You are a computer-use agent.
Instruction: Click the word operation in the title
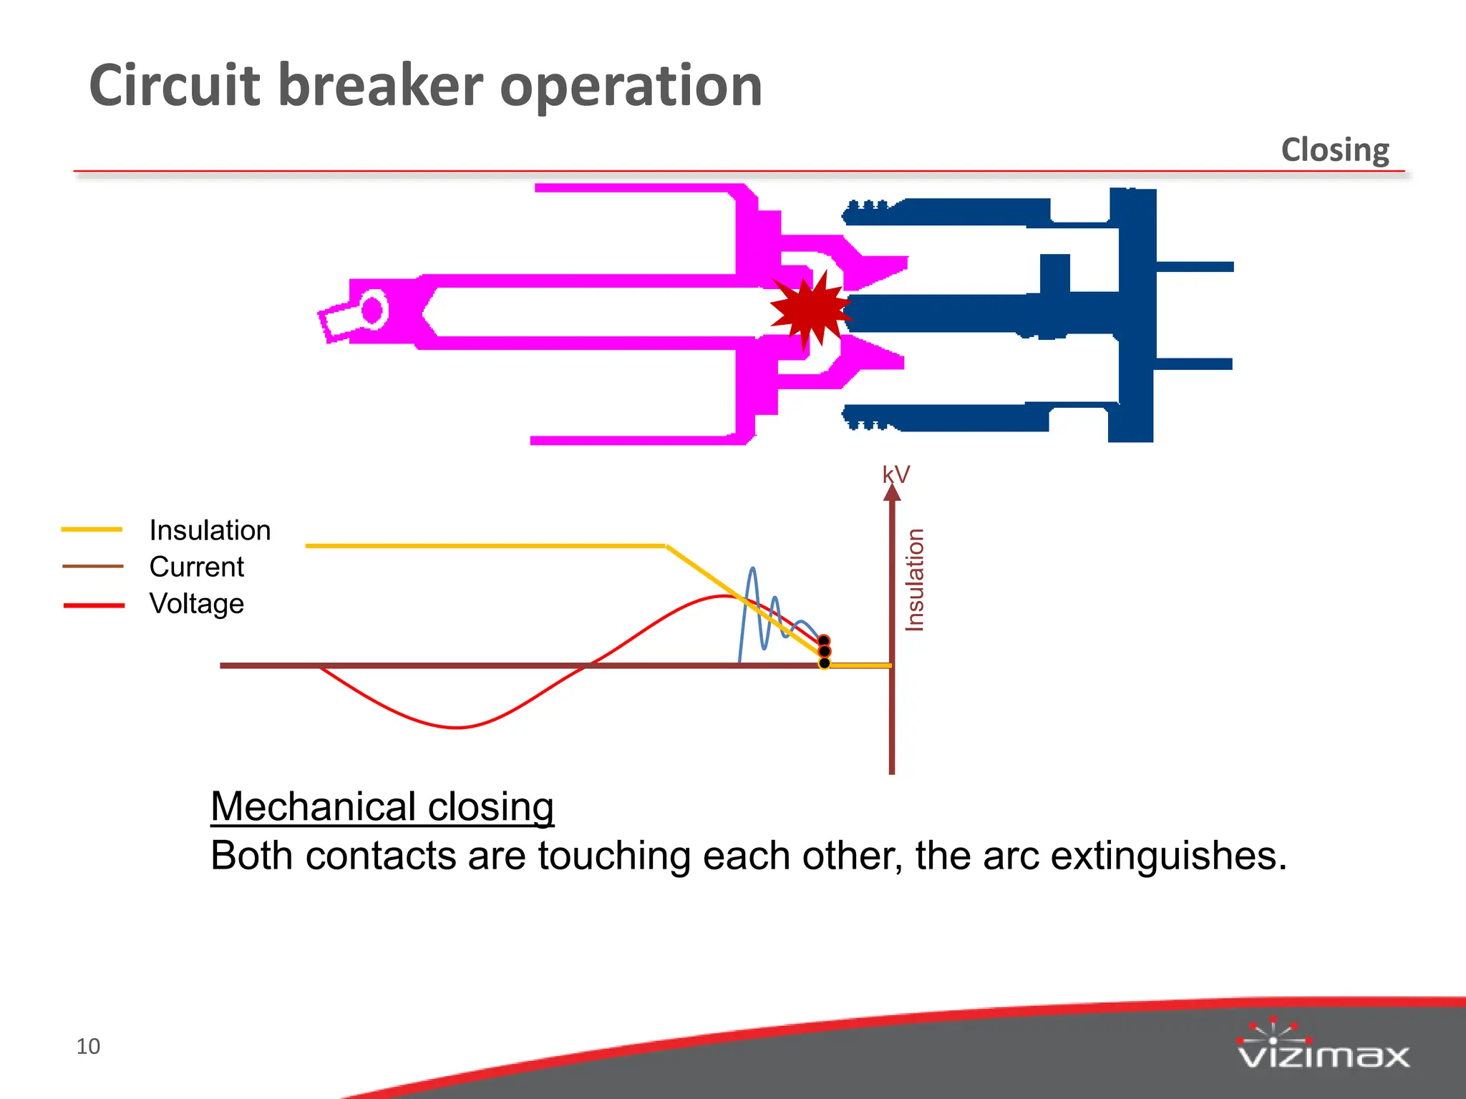coord(630,86)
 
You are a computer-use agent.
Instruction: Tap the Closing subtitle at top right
coord(1335,150)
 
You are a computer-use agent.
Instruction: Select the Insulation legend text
coord(210,530)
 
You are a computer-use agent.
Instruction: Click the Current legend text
coord(196,567)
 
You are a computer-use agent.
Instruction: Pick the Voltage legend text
coord(196,603)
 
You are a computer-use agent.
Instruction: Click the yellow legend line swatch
coord(92,529)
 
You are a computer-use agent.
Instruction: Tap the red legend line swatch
coord(94,605)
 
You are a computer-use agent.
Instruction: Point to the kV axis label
coord(895,474)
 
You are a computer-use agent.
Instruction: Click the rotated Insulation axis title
coord(915,580)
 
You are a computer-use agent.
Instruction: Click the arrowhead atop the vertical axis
coord(892,493)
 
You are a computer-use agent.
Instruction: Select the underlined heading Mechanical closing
coord(382,806)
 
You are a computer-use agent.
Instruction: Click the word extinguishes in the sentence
coord(1168,856)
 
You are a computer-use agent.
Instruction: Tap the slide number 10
coord(88,1046)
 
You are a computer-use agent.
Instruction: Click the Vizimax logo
coord(1323,1045)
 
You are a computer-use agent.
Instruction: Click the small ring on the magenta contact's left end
coord(373,310)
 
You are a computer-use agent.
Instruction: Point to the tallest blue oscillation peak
coord(752,570)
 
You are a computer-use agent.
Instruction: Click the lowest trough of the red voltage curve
coord(457,727)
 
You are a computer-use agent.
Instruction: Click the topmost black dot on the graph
coord(824,640)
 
